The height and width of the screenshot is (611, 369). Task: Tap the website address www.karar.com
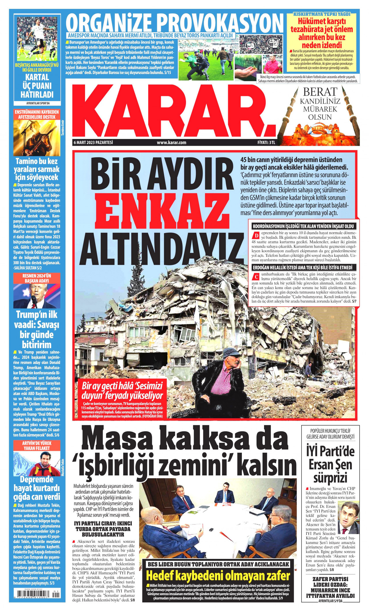pos(171,143)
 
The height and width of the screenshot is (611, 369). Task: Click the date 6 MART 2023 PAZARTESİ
pos(93,143)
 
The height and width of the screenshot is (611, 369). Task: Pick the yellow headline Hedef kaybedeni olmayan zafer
pos(218,568)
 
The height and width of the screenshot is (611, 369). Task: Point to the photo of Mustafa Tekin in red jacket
pos(37,463)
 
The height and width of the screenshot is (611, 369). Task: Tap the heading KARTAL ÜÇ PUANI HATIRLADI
pos(37,86)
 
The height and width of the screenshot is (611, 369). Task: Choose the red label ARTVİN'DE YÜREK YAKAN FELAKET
pos(37,446)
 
